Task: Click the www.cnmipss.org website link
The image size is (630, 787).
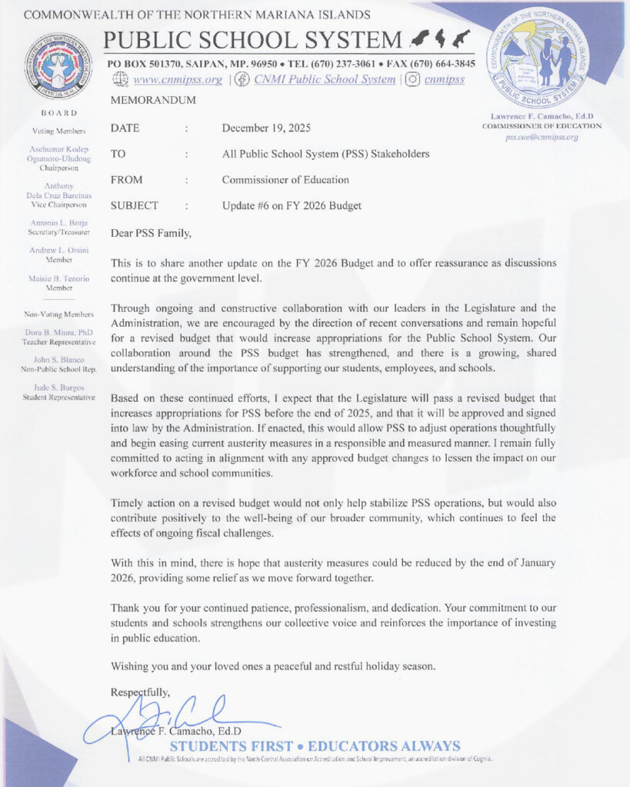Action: (178, 79)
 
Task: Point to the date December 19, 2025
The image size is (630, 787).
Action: (266, 128)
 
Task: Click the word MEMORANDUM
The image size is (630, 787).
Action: (154, 101)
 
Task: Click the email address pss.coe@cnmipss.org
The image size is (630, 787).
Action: (542, 137)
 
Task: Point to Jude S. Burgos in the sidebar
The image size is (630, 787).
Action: (58, 387)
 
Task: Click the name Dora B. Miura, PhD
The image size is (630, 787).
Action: (58, 332)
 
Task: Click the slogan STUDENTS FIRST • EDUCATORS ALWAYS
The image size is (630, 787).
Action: (315, 746)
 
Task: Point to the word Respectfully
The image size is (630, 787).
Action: (141, 692)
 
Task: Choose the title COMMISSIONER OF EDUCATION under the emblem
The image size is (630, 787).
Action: (542, 125)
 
